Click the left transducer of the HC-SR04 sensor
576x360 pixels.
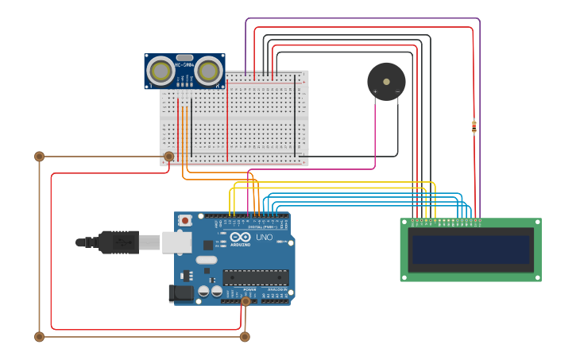(161, 72)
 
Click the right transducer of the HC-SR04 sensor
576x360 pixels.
(208, 72)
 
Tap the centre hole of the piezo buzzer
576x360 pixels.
(386, 81)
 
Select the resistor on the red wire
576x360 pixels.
(474, 126)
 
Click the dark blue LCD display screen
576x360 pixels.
(470, 250)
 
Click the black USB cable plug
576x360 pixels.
(119, 242)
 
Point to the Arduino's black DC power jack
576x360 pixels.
(181, 293)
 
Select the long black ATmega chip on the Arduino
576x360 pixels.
(255, 277)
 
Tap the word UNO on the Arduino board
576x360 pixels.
(264, 238)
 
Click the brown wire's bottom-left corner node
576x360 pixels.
(39, 337)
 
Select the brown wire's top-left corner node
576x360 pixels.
(39, 157)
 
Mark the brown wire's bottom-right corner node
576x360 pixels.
(245, 337)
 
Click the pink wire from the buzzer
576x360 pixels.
(375, 135)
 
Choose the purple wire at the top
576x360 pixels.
(358, 18)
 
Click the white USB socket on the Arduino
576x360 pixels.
(176, 242)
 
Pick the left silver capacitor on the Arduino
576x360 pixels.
(204, 291)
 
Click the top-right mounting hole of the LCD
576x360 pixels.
(537, 223)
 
